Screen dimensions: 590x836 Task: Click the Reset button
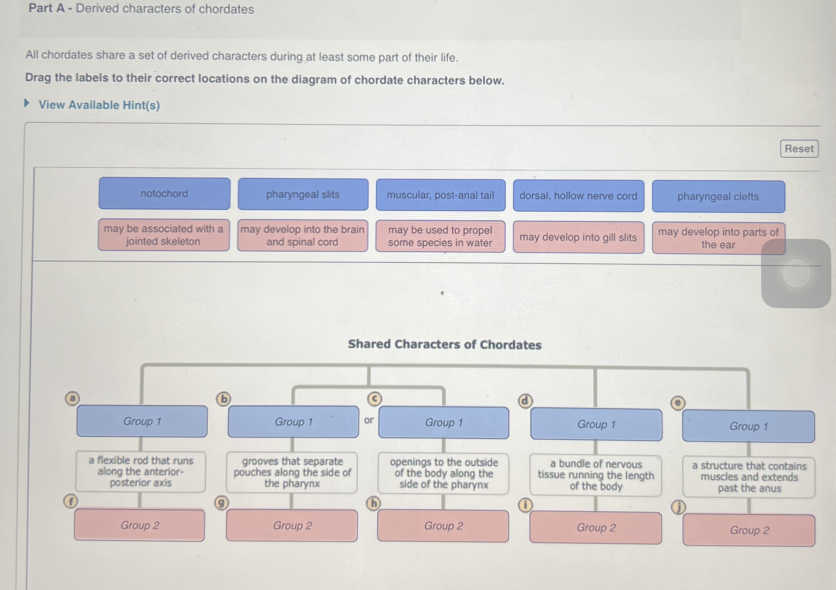click(799, 149)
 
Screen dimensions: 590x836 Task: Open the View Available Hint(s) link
click(99, 105)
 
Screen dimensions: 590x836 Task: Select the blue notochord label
click(165, 194)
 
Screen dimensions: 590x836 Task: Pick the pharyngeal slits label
click(303, 194)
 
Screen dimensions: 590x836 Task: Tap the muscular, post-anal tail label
click(440, 195)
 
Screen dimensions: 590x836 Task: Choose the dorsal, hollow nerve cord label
click(578, 196)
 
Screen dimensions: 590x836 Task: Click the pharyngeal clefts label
click(718, 197)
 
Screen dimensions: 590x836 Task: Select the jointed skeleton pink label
click(163, 235)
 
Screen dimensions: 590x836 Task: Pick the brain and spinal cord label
click(302, 236)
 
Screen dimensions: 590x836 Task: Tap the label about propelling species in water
click(440, 236)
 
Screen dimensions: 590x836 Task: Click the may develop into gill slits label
click(578, 237)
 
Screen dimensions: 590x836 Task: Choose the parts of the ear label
click(718, 238)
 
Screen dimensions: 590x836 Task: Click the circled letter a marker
click(72, 398)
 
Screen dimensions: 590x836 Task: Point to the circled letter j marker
click(678, 508)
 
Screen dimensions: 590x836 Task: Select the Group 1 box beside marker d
click(596, 424)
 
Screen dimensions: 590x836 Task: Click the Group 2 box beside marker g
click(292, 526)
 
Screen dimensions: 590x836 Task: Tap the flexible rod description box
click(141, 471)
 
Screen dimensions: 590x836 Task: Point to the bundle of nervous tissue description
click(596, 475)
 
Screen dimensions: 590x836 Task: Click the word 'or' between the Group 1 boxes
click(369, 420)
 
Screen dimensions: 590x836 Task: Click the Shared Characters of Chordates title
click(445, 344)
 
